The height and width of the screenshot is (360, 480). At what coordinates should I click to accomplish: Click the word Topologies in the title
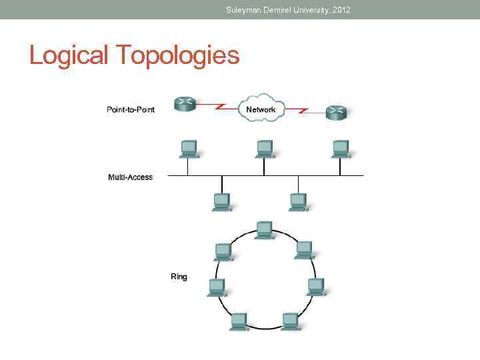point(178,56)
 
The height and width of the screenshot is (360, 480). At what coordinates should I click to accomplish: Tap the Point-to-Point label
point(131,109)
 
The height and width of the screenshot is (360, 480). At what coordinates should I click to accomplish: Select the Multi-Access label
point(130,177)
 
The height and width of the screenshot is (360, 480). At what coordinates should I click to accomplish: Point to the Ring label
point(179,276)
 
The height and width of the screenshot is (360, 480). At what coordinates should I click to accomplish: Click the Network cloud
point(261,109)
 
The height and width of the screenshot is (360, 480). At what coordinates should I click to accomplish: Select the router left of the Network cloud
point(184,103)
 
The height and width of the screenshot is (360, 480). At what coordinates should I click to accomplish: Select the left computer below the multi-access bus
point(221,201)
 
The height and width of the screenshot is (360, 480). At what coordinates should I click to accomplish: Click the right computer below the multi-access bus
point(298,201)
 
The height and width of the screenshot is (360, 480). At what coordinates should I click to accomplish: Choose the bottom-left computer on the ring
point(239,321)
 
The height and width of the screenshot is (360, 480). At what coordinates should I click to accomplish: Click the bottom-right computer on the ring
point(290,321)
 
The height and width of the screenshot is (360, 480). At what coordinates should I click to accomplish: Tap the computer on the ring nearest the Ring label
point(216,287)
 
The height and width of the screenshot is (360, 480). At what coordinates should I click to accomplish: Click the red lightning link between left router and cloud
point(213,105)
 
